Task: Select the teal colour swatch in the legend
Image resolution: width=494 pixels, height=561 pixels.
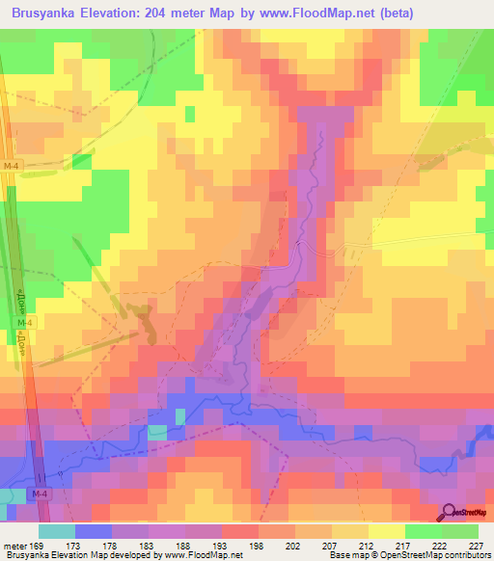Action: [57, 531]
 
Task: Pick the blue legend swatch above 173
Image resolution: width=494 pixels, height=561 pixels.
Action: [94, 531]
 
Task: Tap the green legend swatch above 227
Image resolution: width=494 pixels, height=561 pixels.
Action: [461, 531]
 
